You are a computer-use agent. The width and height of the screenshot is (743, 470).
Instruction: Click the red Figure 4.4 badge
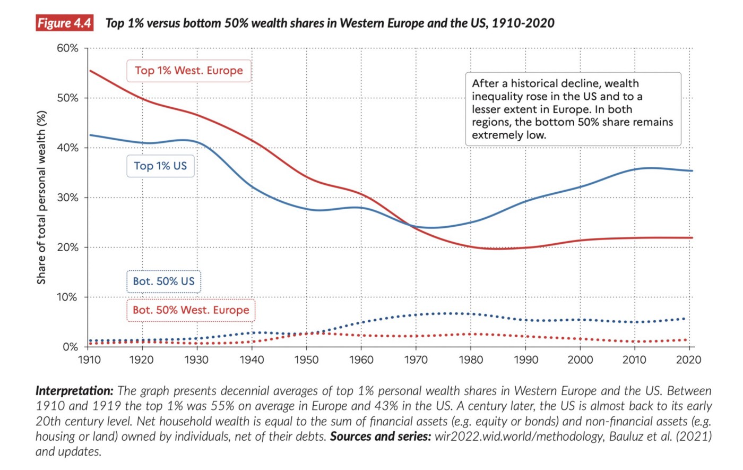(x=64, y=23)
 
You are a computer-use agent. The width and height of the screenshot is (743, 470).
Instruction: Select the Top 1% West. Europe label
(x=188, y=71)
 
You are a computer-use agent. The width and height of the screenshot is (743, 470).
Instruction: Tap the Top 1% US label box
(x=160, y=166)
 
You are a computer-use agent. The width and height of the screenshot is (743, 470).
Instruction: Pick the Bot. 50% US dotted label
(x=163, y=281)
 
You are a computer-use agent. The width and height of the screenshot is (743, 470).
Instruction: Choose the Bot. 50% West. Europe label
(x=191, y=310)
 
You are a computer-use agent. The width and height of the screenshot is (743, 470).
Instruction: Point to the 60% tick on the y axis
(x=67, y=48)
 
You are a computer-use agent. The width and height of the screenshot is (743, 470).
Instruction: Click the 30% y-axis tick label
(x=67, y=198)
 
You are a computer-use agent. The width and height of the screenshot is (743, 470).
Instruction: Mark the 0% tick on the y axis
(x=70, y=347)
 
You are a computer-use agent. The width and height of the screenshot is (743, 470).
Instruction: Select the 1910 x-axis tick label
(x=89, y=360)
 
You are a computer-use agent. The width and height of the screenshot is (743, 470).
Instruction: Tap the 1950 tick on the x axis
(x=307, y=360)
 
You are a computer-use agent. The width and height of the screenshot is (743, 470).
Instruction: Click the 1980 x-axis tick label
(x=470, y=360)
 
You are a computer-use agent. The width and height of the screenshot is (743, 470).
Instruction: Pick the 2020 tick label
(x=689, y=360)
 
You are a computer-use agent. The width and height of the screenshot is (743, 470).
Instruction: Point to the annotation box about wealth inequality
(x=573, y=109)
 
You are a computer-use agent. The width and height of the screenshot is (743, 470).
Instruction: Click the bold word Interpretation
(x=74, y=391)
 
